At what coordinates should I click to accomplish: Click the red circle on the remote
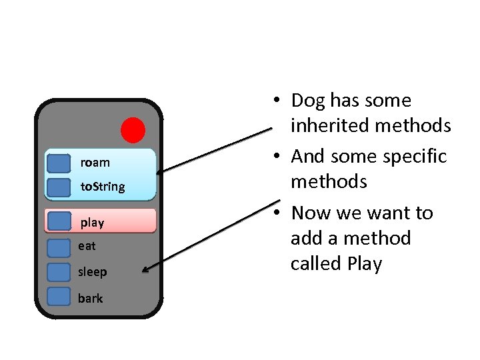tap(133, 130)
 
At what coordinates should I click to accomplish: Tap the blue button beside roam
tap(59, 163)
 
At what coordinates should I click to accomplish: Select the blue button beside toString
tap(59, 187)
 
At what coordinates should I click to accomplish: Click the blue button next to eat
tap(59, 247)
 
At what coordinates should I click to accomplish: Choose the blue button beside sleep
tap(59, 272)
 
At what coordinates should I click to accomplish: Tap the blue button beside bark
tap(59, 297)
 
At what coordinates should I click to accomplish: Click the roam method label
tap(95, 163)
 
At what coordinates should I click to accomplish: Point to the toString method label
tap(102, 187)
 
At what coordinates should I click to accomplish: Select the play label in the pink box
tap(92, 222)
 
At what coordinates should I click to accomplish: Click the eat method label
tap(87, 246)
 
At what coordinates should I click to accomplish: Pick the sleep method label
tap(92, 272)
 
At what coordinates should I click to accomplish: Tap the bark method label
tap(90, 298)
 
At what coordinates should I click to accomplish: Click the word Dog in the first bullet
tap(307, 101)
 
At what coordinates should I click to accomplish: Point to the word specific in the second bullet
tap(414, 156)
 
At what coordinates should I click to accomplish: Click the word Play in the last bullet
tap(365, 264)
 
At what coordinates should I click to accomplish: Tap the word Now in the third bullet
tap(311, 213)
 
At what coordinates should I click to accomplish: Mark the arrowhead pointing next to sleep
tap(147, 270)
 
